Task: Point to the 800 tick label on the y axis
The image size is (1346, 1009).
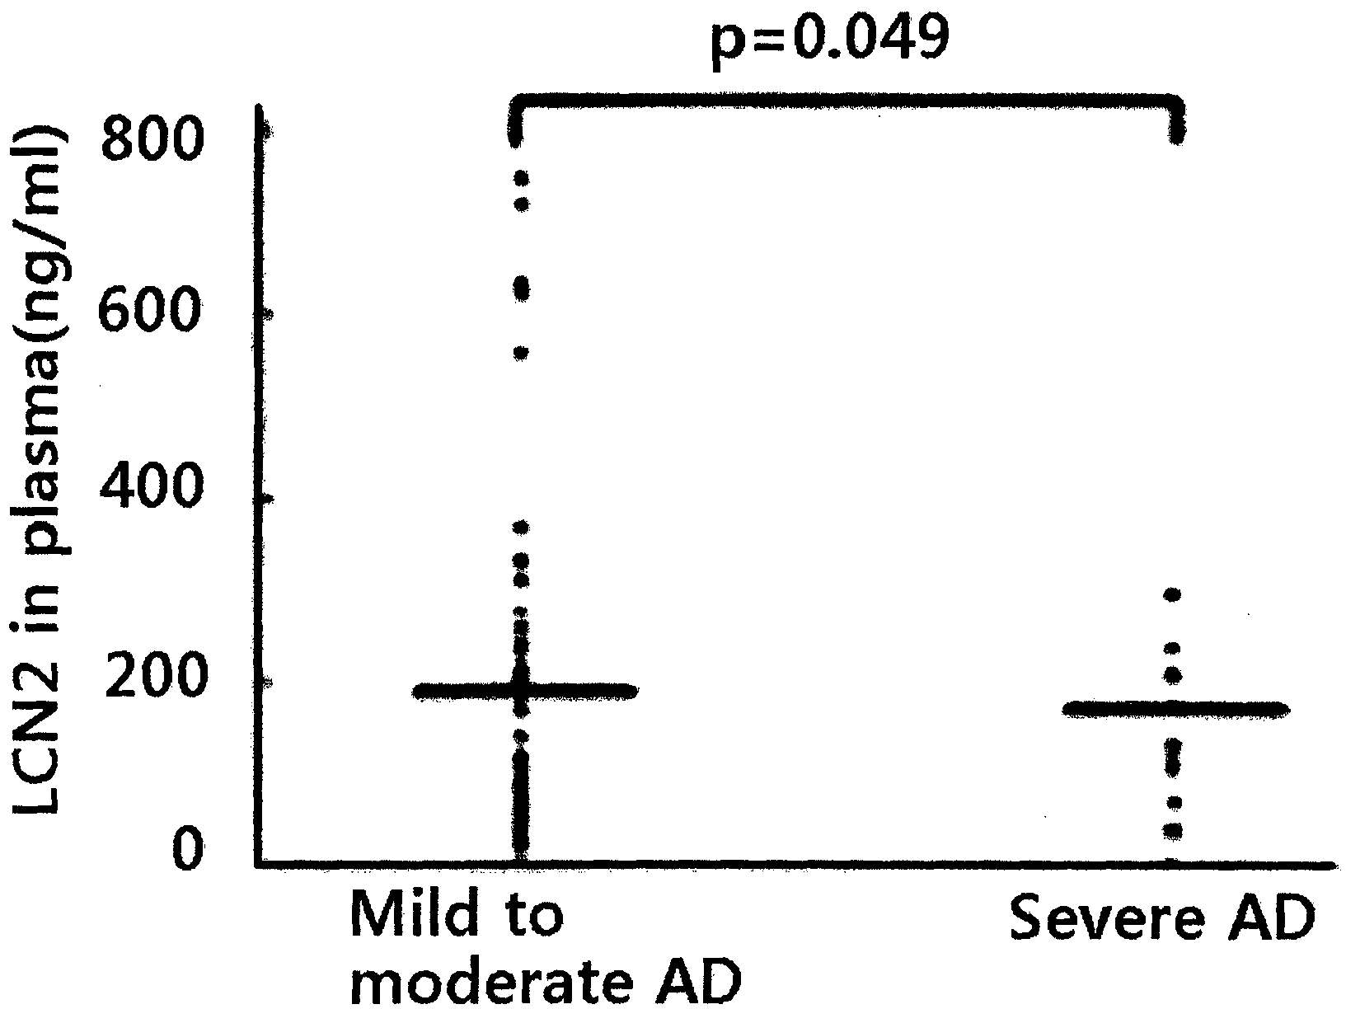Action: (x=152, y=138)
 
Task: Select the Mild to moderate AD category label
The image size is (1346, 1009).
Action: (x=546, y=948)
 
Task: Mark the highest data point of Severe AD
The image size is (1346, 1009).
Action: (x=1173, y=594)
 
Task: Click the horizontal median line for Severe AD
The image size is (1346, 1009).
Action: (x=1175, y=710)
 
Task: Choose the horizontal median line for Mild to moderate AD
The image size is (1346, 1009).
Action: (x=525, y=691)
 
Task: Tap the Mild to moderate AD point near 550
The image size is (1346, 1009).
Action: (x=521, y=354)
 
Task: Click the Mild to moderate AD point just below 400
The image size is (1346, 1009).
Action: (x=521, y=528)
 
